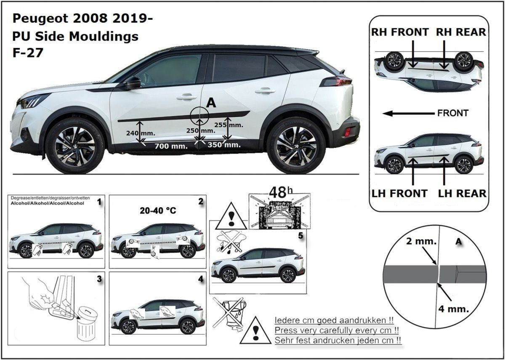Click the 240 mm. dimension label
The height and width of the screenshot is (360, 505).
click(x=141, y=133)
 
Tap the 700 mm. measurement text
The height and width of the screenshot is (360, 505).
click(x=171, y=146)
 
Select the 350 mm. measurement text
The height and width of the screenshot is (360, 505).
click(x=224, y=144)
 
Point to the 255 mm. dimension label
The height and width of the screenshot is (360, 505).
click(x=229, y=125)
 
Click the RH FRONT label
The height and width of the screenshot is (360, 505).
click(x=400, y=32)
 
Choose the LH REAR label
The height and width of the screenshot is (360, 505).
click(x=462, y=194)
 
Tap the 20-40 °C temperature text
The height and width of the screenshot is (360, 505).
click(x=158, y=211)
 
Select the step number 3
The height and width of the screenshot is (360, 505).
click(x=99, y=279)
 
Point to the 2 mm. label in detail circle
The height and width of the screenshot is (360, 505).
click(x=421, y=241)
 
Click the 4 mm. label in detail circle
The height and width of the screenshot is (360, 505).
click(x=454, y=309)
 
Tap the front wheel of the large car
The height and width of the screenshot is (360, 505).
click(x=75, y=146)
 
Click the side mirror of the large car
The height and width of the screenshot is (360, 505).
click(x=133, y=83)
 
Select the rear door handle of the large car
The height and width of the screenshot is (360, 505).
click(x=265, y=91)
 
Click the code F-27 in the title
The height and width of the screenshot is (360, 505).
click(x=28, y=53)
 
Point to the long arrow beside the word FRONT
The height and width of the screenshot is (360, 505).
click(x=409, y=113)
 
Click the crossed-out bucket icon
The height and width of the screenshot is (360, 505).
click(x=229, y=315)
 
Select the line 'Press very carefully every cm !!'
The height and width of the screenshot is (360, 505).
click(x=337, y=331)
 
